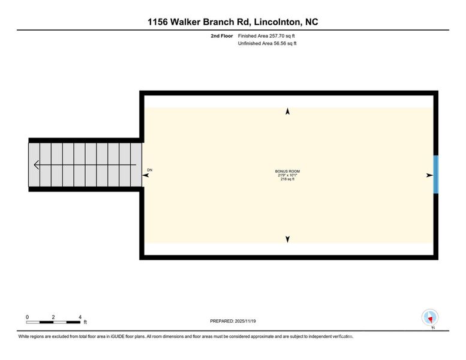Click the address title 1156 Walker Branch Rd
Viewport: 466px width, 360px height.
[233, 22]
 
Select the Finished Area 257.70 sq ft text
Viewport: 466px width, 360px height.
[267, 36]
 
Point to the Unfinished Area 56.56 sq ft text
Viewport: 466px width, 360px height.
[267, 43]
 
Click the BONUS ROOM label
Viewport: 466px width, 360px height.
[287, 171]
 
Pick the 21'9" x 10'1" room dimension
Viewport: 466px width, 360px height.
[287, 175]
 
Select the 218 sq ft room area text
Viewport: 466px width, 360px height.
[287, 179]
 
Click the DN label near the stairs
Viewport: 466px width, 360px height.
[150, 170]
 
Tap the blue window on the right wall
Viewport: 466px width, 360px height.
[436, 175]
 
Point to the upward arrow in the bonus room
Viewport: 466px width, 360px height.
[287, 112]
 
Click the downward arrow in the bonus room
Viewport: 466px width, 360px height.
[287, 239]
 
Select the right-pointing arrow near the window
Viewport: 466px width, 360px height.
[429, 175]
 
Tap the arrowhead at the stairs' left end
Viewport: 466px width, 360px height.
[36, 166]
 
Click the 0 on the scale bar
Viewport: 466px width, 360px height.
[27, 317]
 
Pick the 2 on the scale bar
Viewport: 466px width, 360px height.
[53, 317]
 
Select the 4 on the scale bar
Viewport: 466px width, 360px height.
[80, 317]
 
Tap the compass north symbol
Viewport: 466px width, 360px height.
[430, 318]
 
